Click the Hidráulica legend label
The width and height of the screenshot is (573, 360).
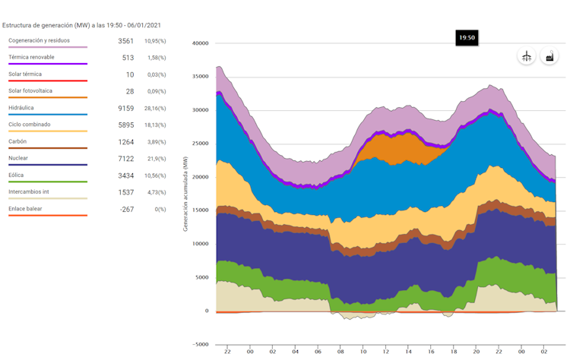click(x=21, y=108)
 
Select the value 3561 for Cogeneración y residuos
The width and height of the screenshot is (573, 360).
click(x=125, y=40)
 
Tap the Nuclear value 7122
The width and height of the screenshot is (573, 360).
click(x=125, y=159)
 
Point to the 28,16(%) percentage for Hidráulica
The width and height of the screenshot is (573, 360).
click(x=155, y=108)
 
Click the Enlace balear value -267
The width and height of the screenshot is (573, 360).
click(x=126, y=209)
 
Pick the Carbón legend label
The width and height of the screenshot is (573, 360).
click(x=17, y=141)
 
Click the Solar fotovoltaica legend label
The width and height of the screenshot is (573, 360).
click(x=30, y=91)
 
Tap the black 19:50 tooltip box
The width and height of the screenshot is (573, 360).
click(x=467, y=37)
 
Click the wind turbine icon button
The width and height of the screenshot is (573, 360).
click(x=526, y=57)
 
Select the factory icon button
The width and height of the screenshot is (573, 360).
click(x=549, y=57)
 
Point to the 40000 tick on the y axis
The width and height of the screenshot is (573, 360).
click(x=200, y=43)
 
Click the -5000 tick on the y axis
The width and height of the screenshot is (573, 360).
click(x=200, y=344)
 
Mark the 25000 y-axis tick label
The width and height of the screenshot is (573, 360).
click(x=200, y=144)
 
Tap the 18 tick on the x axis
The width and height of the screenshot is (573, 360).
click(x=453, y=351)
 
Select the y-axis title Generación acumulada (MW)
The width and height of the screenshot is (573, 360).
click(x=185, y=193)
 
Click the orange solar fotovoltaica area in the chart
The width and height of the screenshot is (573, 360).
click(x=395, y=148)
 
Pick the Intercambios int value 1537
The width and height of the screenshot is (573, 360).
click(x=125, y=192)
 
